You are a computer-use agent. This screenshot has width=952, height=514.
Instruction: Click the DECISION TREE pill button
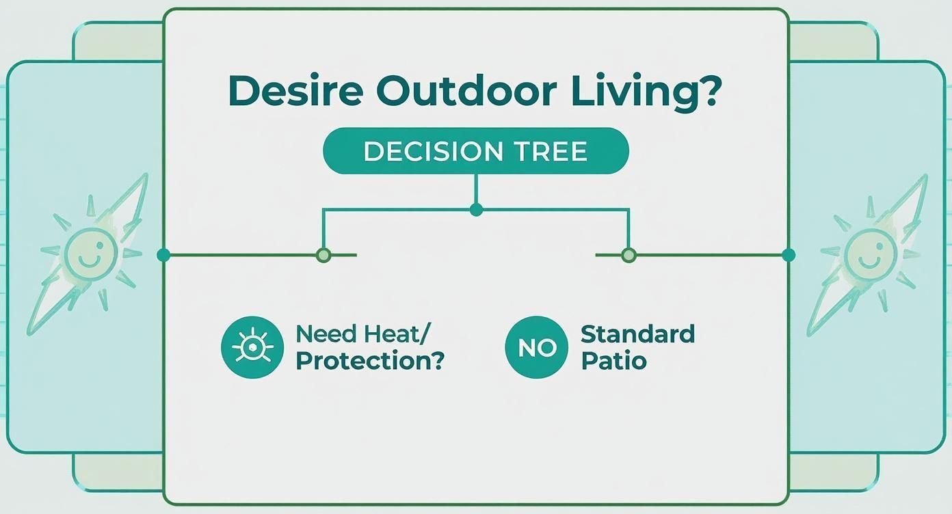[x=475, y=150]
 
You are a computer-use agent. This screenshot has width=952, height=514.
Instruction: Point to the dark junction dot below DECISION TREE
[x=477, y=210]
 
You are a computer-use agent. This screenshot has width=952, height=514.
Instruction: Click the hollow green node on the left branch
[x=323, y=255]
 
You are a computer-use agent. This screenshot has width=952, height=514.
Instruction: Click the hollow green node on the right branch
[x=629, y=255]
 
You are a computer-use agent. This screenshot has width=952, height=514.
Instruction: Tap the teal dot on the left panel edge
[x=163, y=255]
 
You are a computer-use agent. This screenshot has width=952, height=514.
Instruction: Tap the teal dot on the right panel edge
[x=789, y=255]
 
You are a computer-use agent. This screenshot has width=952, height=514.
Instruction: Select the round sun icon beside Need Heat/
[x=252, y=347]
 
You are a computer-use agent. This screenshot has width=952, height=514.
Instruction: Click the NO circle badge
[x=536, y=347]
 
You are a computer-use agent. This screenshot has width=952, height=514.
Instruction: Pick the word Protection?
[x=370, y=361]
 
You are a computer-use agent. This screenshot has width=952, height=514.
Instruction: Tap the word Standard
[x=637, y=334]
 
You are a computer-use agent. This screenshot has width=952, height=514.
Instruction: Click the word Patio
[x=613, y=360]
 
